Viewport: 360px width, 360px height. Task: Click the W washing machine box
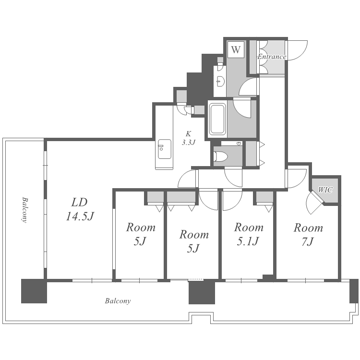236,49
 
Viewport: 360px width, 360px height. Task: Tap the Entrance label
272,57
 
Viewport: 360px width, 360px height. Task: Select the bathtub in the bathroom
217,119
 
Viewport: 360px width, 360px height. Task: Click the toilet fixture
220,156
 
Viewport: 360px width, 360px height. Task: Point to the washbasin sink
220,81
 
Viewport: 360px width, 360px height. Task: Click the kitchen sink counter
164,154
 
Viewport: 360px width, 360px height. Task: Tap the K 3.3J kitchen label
189,138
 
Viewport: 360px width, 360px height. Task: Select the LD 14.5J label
80,209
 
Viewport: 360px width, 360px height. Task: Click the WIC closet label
325,190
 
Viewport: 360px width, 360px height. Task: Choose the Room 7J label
308,234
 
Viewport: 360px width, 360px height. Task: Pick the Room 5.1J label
249,234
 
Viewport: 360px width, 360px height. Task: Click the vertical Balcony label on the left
25,209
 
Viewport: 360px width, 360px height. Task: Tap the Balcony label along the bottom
118,301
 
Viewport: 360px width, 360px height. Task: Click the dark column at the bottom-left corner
34,291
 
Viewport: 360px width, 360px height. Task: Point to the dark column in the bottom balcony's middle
202,291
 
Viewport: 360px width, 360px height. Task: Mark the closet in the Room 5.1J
264,197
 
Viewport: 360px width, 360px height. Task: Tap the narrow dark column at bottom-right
354,291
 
